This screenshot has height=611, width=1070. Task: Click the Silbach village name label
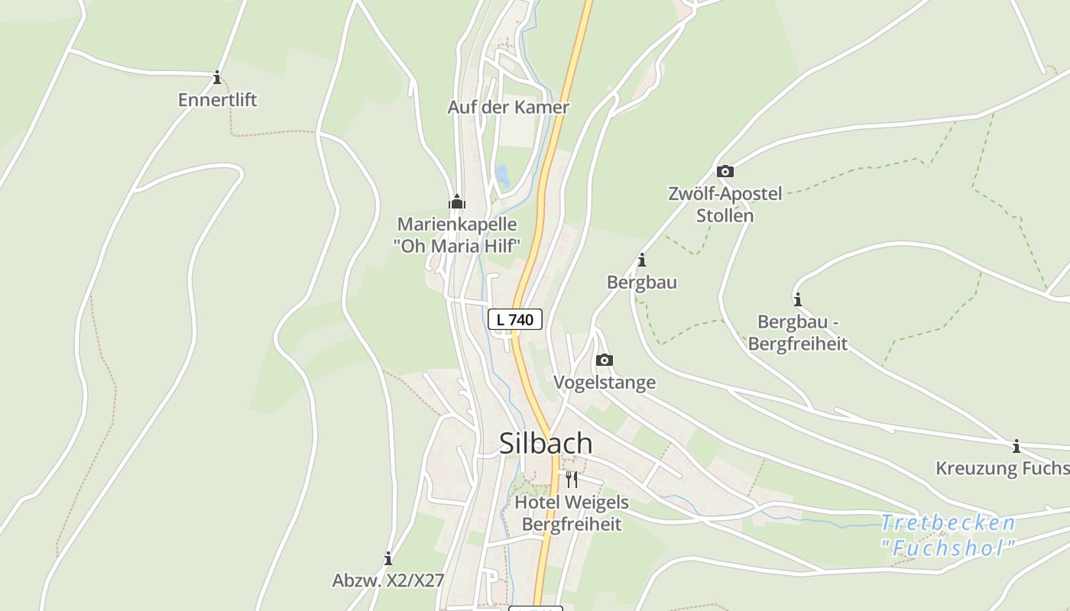(545, 443)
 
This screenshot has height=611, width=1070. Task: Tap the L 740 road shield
(515, 319)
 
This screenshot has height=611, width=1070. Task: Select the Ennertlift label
(218, 100)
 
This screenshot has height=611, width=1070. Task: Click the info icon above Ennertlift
(217, 77)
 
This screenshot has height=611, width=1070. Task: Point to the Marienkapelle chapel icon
(457, 202)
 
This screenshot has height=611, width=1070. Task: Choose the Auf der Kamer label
(508, 107)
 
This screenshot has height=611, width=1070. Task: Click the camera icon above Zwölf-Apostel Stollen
(725, 171)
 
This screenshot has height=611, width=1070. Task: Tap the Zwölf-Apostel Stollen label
(725, 205)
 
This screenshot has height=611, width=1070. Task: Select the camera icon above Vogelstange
(604, 360)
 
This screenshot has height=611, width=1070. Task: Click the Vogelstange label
(604, 383)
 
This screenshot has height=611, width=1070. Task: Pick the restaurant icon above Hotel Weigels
(572, 480)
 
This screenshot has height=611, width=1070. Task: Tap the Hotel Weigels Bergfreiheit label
(572, 513)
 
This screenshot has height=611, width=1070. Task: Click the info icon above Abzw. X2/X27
(388, 558)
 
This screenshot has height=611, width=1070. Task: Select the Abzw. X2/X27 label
(388, 580)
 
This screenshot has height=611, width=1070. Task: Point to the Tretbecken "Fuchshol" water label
(948, 535)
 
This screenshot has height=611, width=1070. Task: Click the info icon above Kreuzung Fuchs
(1016, 446)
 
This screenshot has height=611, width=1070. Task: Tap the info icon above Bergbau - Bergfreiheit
(798, 299)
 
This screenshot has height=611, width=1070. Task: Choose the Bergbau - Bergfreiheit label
(798, 333)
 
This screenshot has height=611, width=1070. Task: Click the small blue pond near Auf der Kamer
(502, 176)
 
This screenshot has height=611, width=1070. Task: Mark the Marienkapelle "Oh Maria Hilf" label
(457, 235)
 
